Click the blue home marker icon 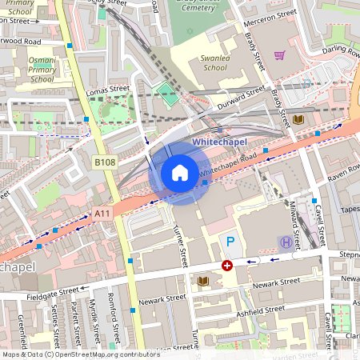[180, 173]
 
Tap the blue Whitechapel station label [218, 143]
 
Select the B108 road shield [105, 162]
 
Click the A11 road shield [102, 213]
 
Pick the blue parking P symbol [230, 241]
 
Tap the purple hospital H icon [285, 242]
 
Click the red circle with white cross [227, 265]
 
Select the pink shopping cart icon [279, 55]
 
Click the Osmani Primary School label [42, 70]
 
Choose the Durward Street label [240, 100]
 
